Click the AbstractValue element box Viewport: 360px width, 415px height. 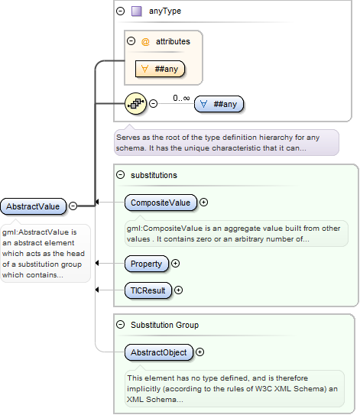pyautogui.click(x=33, y=206)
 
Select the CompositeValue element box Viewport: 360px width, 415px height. pyautogui.click(x=161, y=203)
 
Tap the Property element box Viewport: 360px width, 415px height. pyautogui.click(x=147, y=264)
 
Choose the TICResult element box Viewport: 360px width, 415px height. pyautogui.click(x=148, y=290)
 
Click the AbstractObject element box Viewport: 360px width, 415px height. pyautogui.click(x=159, y=352)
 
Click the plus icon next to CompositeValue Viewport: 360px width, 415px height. pyautogui.click(x=204, y=203)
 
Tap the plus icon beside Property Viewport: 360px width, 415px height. pyautogui.click(x=176, y=264)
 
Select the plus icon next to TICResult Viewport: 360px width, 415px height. pyautogui.click(x=179, y=290)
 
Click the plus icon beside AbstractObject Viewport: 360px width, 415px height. pyautogui.click(x=200, y=352)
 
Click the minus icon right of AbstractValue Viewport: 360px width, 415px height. pyautogui.click(x=73, y=206)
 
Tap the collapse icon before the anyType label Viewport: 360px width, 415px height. pyautogui.click(x=121, y=11)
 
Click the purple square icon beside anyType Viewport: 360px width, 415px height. pyautogui.click(x=137, y=11)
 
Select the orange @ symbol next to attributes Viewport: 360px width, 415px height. pyautogui.click(x=145, y=41)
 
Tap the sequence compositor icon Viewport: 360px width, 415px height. pyautogui.click(x=135, y=103)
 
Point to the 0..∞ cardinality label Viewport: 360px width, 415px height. pyautogui.click(x=181, y=97)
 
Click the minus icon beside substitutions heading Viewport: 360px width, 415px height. pyautogui.click(x=121, y=175)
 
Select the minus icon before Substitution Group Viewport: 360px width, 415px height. pyautogui.click(x=121, y=325)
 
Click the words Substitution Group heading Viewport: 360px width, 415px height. pyautogui.click(x=165, y=325)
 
